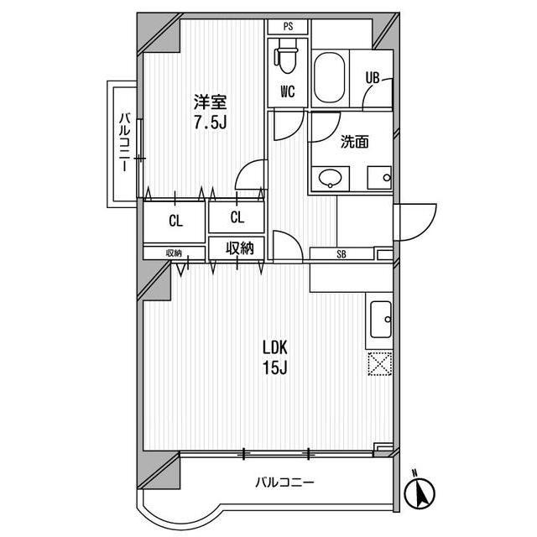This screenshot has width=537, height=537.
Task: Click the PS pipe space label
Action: click(288, 26)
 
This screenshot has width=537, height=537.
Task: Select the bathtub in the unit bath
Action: click(330, 77)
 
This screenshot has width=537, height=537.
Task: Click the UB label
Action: click(373, 78)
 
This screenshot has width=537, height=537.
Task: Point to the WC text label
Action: click(287, 91)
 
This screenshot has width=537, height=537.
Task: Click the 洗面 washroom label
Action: click(354, 142)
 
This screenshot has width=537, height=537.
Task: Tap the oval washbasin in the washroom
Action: click(330, 178)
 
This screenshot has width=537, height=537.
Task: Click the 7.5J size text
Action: click(211, 123)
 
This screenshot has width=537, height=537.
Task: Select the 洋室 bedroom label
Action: click(211, 102)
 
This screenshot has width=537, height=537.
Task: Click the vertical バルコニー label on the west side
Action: click(125, 142)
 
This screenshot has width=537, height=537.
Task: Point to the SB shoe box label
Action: click(341, 254)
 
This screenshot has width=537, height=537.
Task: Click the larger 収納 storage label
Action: click(240, 248)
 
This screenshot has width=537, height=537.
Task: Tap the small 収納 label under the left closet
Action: click(174, 253)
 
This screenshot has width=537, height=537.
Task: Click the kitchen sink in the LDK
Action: click(381, 320)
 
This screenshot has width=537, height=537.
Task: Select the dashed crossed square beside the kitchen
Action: click(380, 363)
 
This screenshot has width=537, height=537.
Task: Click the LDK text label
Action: click(274, 348)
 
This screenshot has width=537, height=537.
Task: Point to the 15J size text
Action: click(274, 368)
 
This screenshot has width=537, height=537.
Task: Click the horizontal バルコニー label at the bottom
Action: click(284, 483)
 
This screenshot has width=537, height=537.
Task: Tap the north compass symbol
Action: click(420, 492)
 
